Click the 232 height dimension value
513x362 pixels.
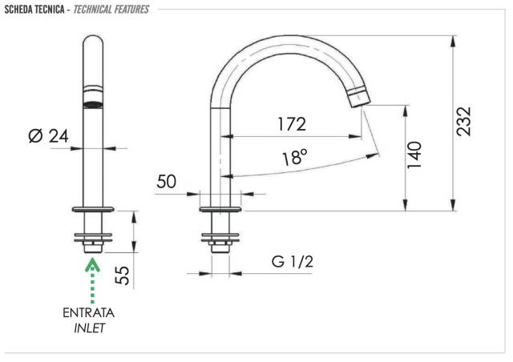[463, 121]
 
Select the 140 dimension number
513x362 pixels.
[414, 155]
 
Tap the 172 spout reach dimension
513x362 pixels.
[292, 124]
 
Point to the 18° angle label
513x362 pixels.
[295, 157]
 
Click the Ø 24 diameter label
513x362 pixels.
[48, 135]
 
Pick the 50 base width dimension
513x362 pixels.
[166, 181]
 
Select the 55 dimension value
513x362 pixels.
[123, 275]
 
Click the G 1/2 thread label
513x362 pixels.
[292, 262]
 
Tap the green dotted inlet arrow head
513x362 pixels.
[93, 264]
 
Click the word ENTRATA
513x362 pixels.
[89, 313]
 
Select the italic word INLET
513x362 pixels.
[89, 328]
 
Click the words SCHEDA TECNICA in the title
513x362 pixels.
[34, 9]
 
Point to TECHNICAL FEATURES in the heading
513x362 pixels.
[111, 9]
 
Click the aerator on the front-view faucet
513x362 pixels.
[93, 97]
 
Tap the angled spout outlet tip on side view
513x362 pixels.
[359, 98]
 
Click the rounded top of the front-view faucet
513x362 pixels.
[93, 41]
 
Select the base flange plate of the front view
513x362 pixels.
[93, 209]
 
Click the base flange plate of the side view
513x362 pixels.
[220, 209]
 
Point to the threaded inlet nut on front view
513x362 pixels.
[93, 247]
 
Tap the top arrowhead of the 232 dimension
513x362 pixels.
[453, 41]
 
